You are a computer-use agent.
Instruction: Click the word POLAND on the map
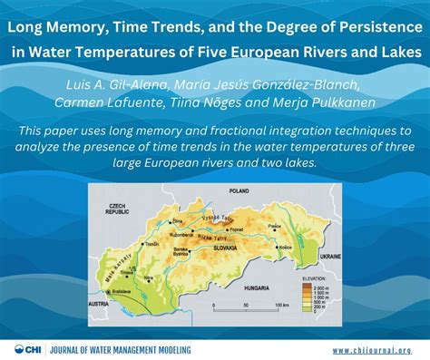click(x=238, y=192)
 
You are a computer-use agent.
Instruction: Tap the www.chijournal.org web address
click(x=371, y=349)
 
